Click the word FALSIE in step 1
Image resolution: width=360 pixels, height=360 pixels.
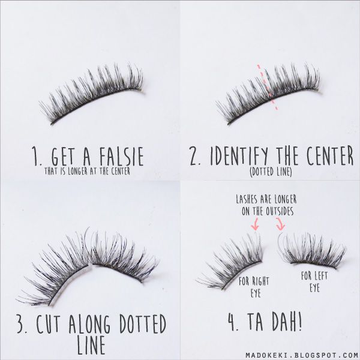122,156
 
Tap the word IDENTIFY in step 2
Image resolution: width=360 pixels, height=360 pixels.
239,156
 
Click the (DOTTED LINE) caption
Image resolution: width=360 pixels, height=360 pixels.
271,172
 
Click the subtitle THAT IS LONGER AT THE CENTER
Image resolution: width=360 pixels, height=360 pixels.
88,171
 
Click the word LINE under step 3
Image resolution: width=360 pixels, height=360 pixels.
91,345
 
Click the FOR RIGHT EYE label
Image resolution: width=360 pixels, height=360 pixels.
254,287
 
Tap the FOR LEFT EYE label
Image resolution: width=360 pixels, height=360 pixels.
314,281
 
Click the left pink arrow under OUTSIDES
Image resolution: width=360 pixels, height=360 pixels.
255,224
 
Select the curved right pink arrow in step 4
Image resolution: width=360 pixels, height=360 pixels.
281,224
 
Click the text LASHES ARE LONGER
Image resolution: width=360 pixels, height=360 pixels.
266,200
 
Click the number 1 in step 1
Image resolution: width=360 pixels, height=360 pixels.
36,157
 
